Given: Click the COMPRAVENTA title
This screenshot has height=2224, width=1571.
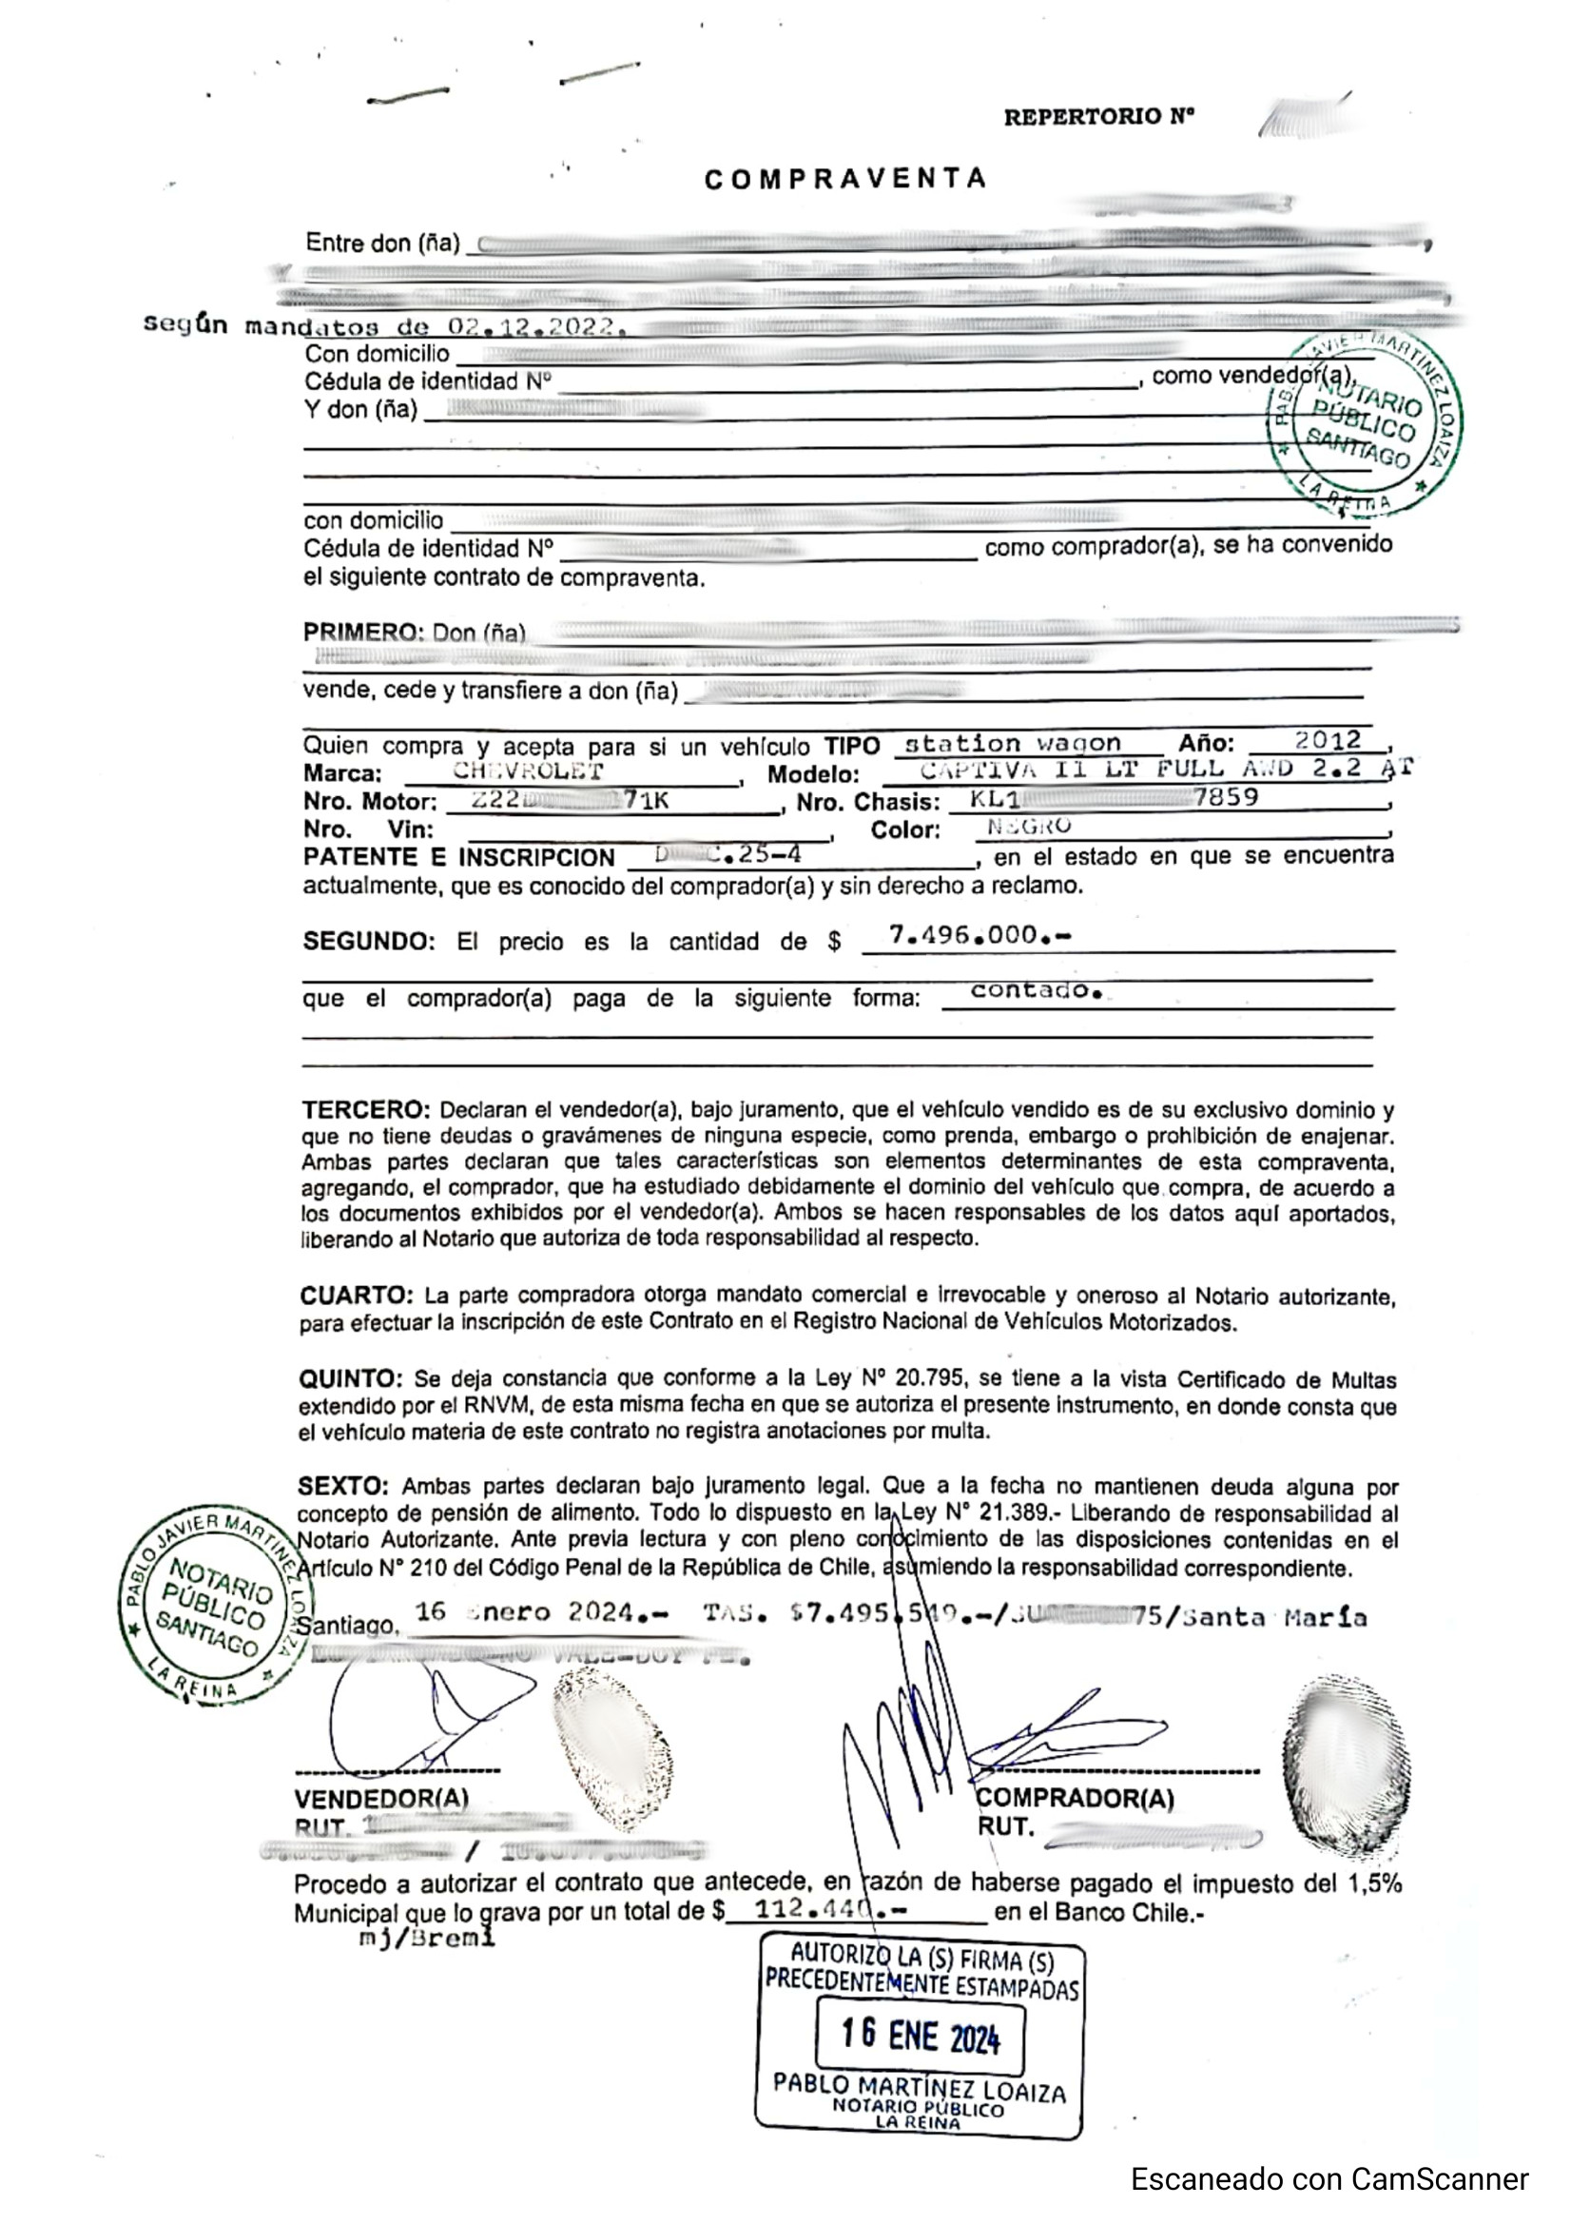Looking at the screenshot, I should pyautogui.click(x=845, y=179).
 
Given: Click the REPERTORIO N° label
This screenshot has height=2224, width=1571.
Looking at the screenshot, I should pyautogui.click(x=1098, y=117).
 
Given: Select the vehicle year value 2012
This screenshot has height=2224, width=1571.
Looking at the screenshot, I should pyautogui.click(x=1328, y=741).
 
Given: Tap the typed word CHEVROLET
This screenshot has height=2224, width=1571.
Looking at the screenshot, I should pyautogui.click(x=528, y=771).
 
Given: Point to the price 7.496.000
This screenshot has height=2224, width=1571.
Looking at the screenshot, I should pyautogui.click(x=978, y=935).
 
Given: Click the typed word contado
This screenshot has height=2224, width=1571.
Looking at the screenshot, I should pyautogui.click(x=1036, y=991).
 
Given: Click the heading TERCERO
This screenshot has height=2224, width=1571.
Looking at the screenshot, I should pyautogui.click(x=365, y=1110).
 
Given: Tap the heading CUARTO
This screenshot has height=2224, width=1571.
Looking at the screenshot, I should pyautogui.click(x=357, y=1296).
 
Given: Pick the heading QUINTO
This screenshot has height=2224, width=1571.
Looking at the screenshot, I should pyautogui.click(x=351, y=1379).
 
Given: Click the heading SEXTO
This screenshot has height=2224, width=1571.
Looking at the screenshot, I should pyautogui.click(x=343, y=1486).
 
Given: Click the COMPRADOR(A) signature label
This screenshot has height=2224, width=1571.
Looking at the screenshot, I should pyautogui.click(x=1076, y=1799).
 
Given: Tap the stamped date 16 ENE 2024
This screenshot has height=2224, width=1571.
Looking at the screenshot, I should pyautogui.click(x=920, y=2035).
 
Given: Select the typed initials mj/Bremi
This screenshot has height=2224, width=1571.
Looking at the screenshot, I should pyautogui.click(x=427, y=1938).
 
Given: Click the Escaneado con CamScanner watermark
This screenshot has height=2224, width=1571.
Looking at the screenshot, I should pyautogui.click(x=1329, y=2179).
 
